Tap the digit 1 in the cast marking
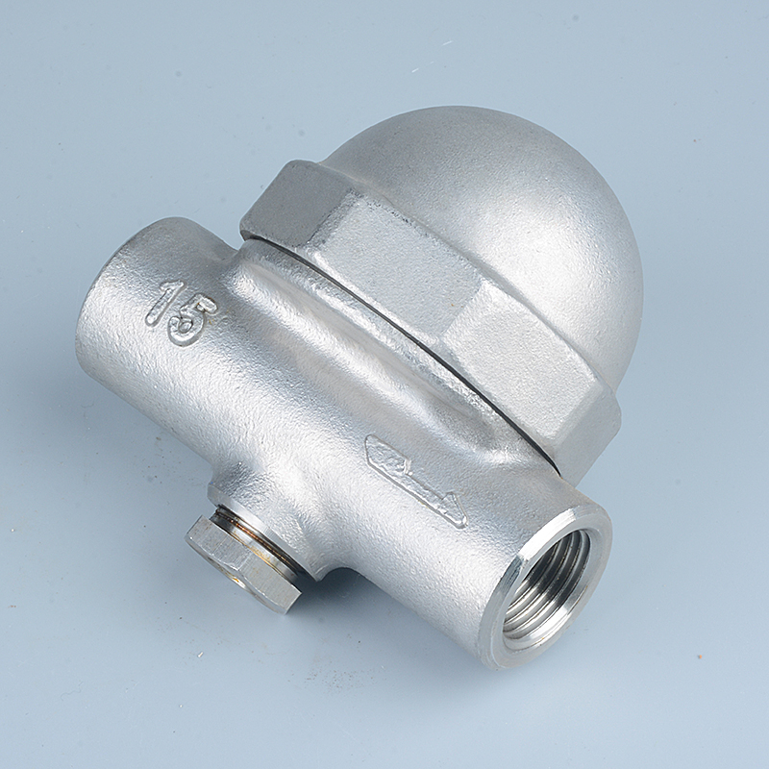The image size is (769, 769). tap(164, 302)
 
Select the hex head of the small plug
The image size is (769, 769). tap(239, 563)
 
